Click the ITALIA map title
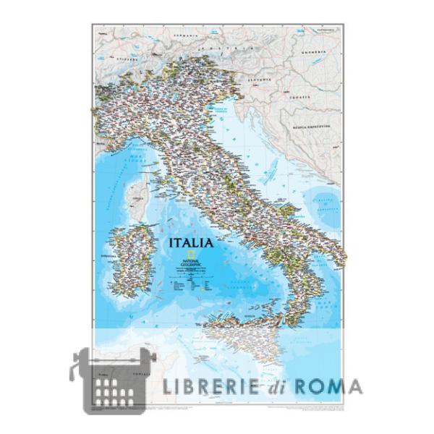click(x=191, y=242)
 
